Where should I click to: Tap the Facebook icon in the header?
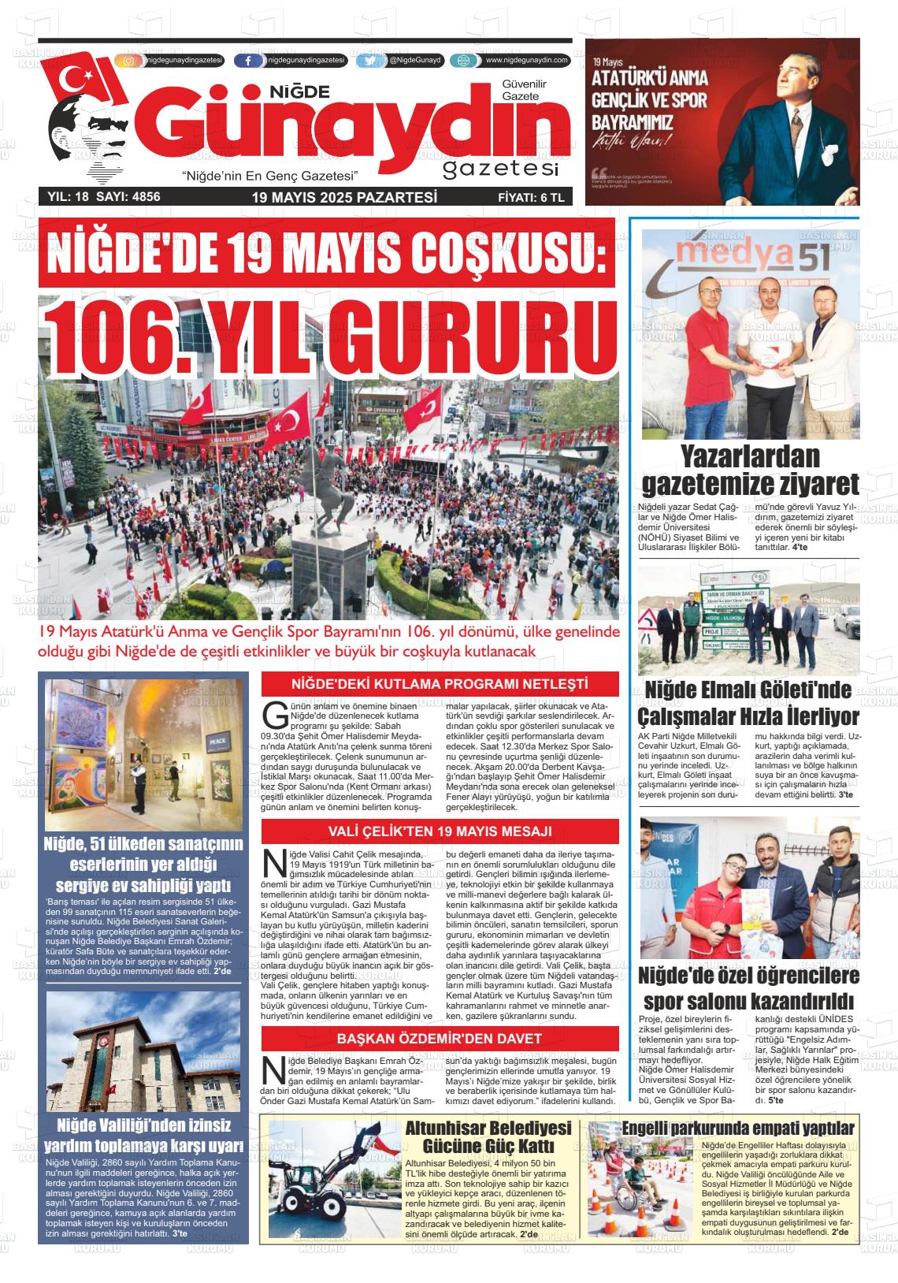pyautogui.click(x=249, y=61)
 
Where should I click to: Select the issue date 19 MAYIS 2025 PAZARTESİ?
pyautogui.click(x=344, y=197)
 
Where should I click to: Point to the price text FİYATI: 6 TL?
pyautogui.click(x=531, y=198)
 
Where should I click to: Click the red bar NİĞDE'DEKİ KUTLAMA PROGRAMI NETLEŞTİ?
pyautogui.click(x=440, y=683)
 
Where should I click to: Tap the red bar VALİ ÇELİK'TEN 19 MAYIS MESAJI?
pyautogui.click(x=440, y=831)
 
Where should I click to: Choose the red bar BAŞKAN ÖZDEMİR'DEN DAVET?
pyautogui.click(x=440, y=1038)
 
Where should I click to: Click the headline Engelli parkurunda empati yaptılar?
pyautogui.click(x=738, y=1128)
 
